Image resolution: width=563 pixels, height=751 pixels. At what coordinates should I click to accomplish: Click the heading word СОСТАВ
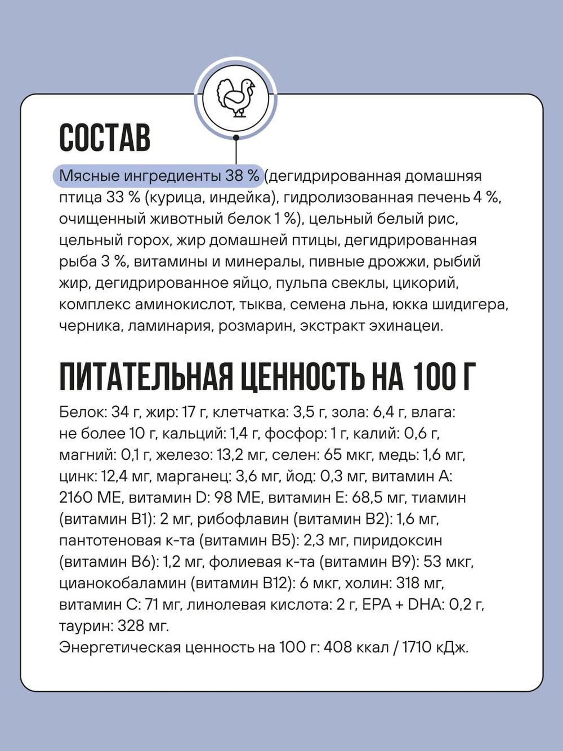pos(105,137)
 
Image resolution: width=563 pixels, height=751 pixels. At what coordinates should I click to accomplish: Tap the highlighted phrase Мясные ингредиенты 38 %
pos(159,176)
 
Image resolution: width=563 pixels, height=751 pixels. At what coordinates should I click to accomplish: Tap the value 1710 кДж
pos(435,647)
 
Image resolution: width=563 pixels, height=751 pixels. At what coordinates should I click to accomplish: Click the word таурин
pos(85,626)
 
